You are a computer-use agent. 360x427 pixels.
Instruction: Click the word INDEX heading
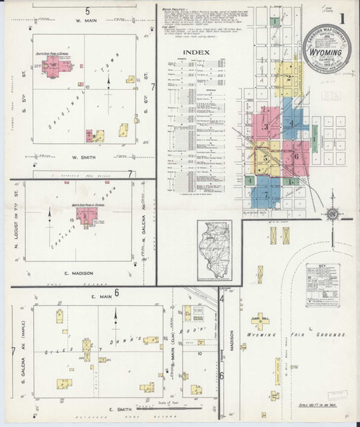[196, 53]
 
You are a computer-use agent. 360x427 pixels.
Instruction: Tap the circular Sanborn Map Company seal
[325, 55]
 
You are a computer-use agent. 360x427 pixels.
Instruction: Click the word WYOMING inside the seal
[325, 53]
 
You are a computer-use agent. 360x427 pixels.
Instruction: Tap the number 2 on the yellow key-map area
[288, 78]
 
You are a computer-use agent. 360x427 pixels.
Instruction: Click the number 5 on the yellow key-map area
[266, 157]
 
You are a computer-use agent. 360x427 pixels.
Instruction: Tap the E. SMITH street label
[117, 409]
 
